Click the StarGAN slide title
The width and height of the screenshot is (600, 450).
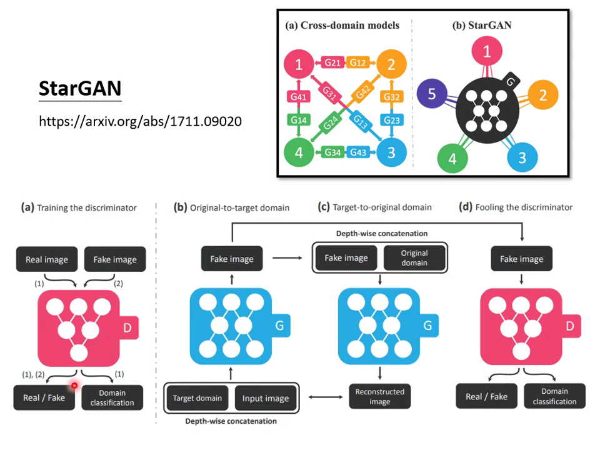tap(80, 89)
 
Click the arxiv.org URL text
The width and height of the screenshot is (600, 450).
tap(140, 121)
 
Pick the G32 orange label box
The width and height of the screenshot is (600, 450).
tap(392, 97)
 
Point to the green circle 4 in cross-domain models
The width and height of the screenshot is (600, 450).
tap(299, 152)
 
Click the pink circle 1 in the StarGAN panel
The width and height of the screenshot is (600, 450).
tap(487, 52)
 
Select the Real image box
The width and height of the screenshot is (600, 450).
tap(47, 259)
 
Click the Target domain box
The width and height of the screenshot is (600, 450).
tap(197, 398)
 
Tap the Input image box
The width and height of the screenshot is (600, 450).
tap(266, 398)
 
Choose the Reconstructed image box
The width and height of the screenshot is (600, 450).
tap(380, 397)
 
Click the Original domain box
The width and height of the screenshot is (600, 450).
tap(414, 258)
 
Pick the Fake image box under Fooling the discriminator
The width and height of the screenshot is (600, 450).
tap(521, 259)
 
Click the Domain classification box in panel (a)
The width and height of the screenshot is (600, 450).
tap(112, 397)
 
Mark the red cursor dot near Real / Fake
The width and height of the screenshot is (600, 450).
tap(74, 386)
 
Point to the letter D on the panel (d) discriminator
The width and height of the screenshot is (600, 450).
tap(569, 326)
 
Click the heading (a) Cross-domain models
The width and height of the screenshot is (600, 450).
tap(342, 26)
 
